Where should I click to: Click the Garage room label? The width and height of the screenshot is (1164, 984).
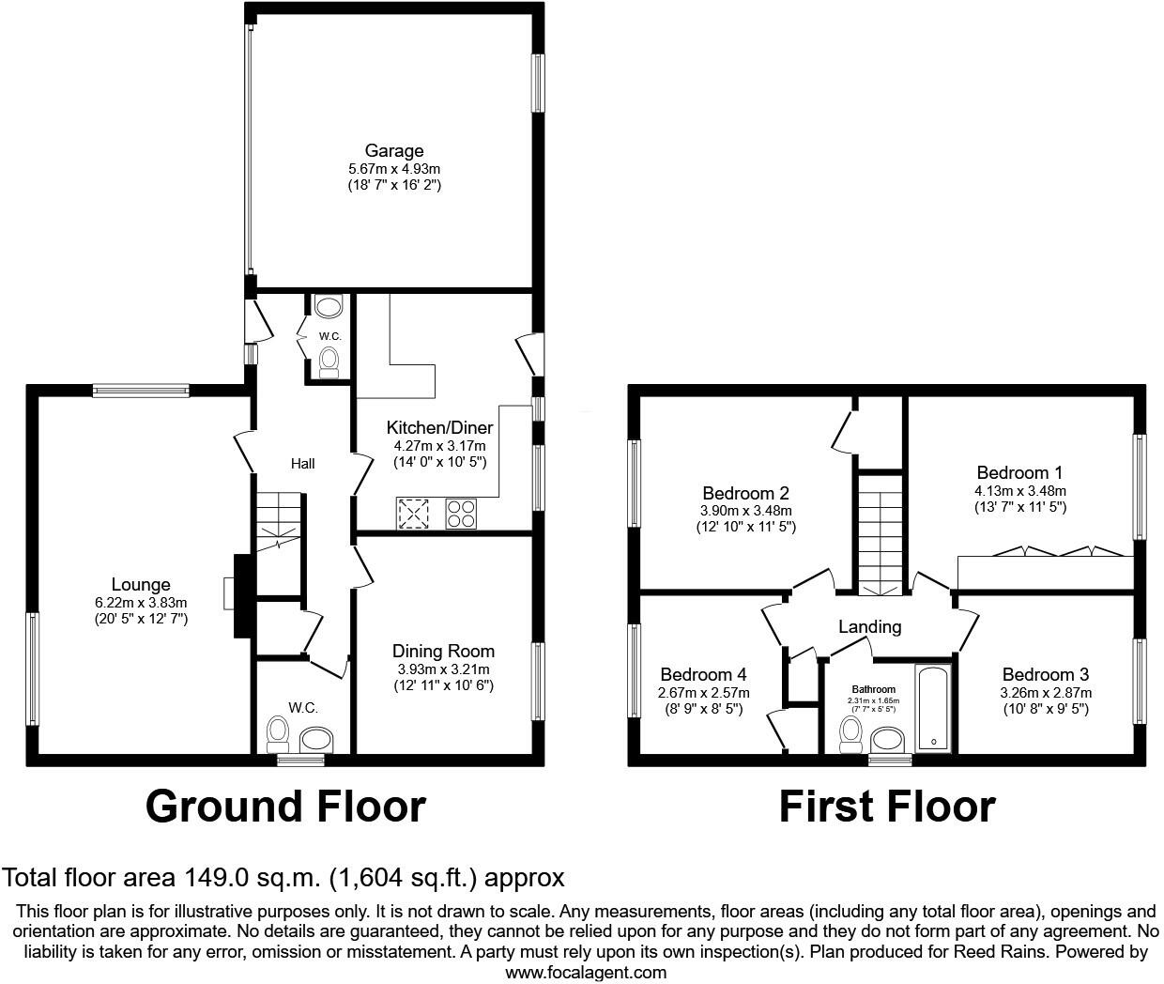[x=394, y=150]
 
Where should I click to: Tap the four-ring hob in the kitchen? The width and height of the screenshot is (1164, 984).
[x=461, y=514]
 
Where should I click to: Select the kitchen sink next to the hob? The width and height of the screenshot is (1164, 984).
[x=413, y=514]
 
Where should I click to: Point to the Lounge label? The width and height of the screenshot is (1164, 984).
[x=141, y=584]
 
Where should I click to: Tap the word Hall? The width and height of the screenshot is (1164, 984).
[x=302, y=464]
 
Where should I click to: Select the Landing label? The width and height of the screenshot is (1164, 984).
[x=869, y=626]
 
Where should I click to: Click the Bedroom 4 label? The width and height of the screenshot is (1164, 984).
[x=703, y=674]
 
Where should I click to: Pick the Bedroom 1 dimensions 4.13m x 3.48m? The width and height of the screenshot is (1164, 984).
[x=1020, y=491]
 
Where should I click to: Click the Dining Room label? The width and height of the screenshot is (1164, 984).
[x=443, y=651]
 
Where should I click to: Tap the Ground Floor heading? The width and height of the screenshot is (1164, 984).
[x=285, y=807]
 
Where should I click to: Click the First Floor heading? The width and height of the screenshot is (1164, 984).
[x=887, y=807]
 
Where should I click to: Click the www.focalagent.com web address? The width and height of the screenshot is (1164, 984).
[x=586, y=973]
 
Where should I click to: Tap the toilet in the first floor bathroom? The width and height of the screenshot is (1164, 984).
[x=850, y=735]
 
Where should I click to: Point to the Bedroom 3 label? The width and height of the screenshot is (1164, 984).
[x=1045, y=674]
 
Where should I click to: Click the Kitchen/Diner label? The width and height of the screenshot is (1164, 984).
[x=440, y=427]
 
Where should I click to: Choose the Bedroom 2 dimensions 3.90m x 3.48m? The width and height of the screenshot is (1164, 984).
[x=745, y=511]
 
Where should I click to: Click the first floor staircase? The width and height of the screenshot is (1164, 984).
[x=879, y=534]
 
